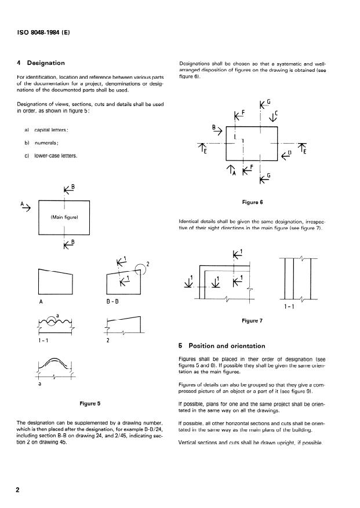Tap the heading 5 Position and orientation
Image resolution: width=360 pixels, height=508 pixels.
(223, 346)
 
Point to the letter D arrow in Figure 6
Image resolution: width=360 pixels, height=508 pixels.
(286, 154)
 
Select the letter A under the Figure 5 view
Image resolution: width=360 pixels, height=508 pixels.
(41, 301)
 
